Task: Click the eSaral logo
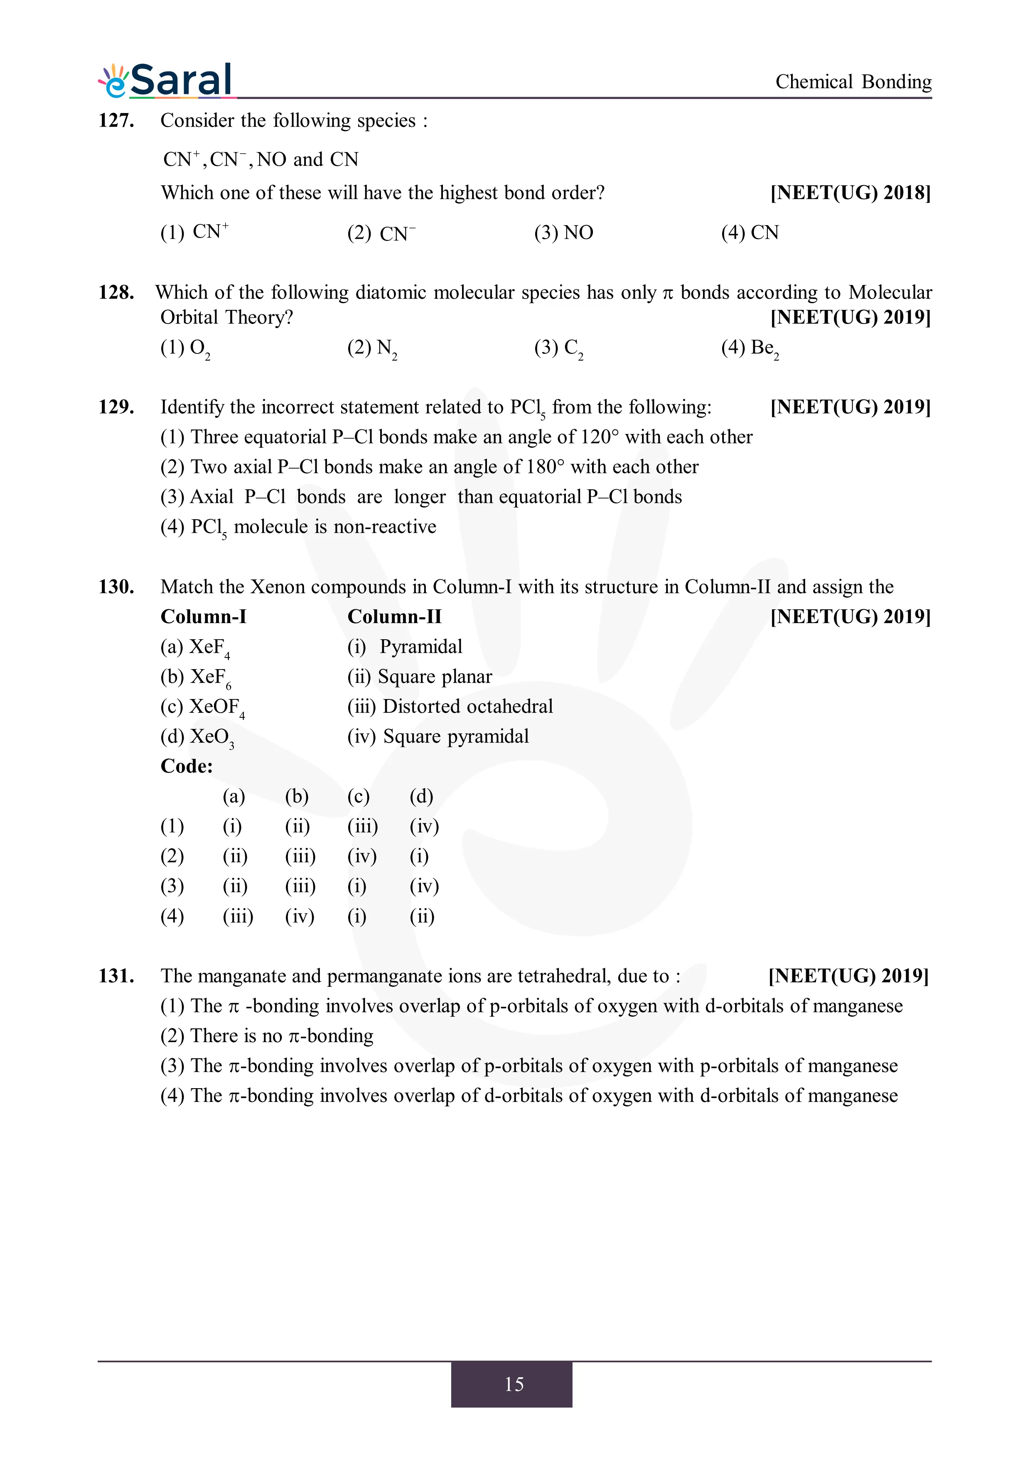tap(166, 81)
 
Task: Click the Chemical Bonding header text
tap(853, 82)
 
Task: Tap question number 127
tap(116, 120)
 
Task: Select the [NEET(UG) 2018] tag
tap(851, 193)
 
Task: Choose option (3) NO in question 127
tap(563, 233)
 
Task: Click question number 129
tap(116, 407)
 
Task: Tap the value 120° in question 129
tap(599, 437)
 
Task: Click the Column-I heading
tap(203, 617)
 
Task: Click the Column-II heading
tap(394, 617)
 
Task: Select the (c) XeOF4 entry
tap(202, 707)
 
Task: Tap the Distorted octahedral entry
tap(468, 706)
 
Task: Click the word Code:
tap(187, 767)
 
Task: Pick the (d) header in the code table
tap(421, 796)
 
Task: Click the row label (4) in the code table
tap(172, 916)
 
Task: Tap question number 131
tap(116, 976)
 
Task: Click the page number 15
tap(514, 1384)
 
